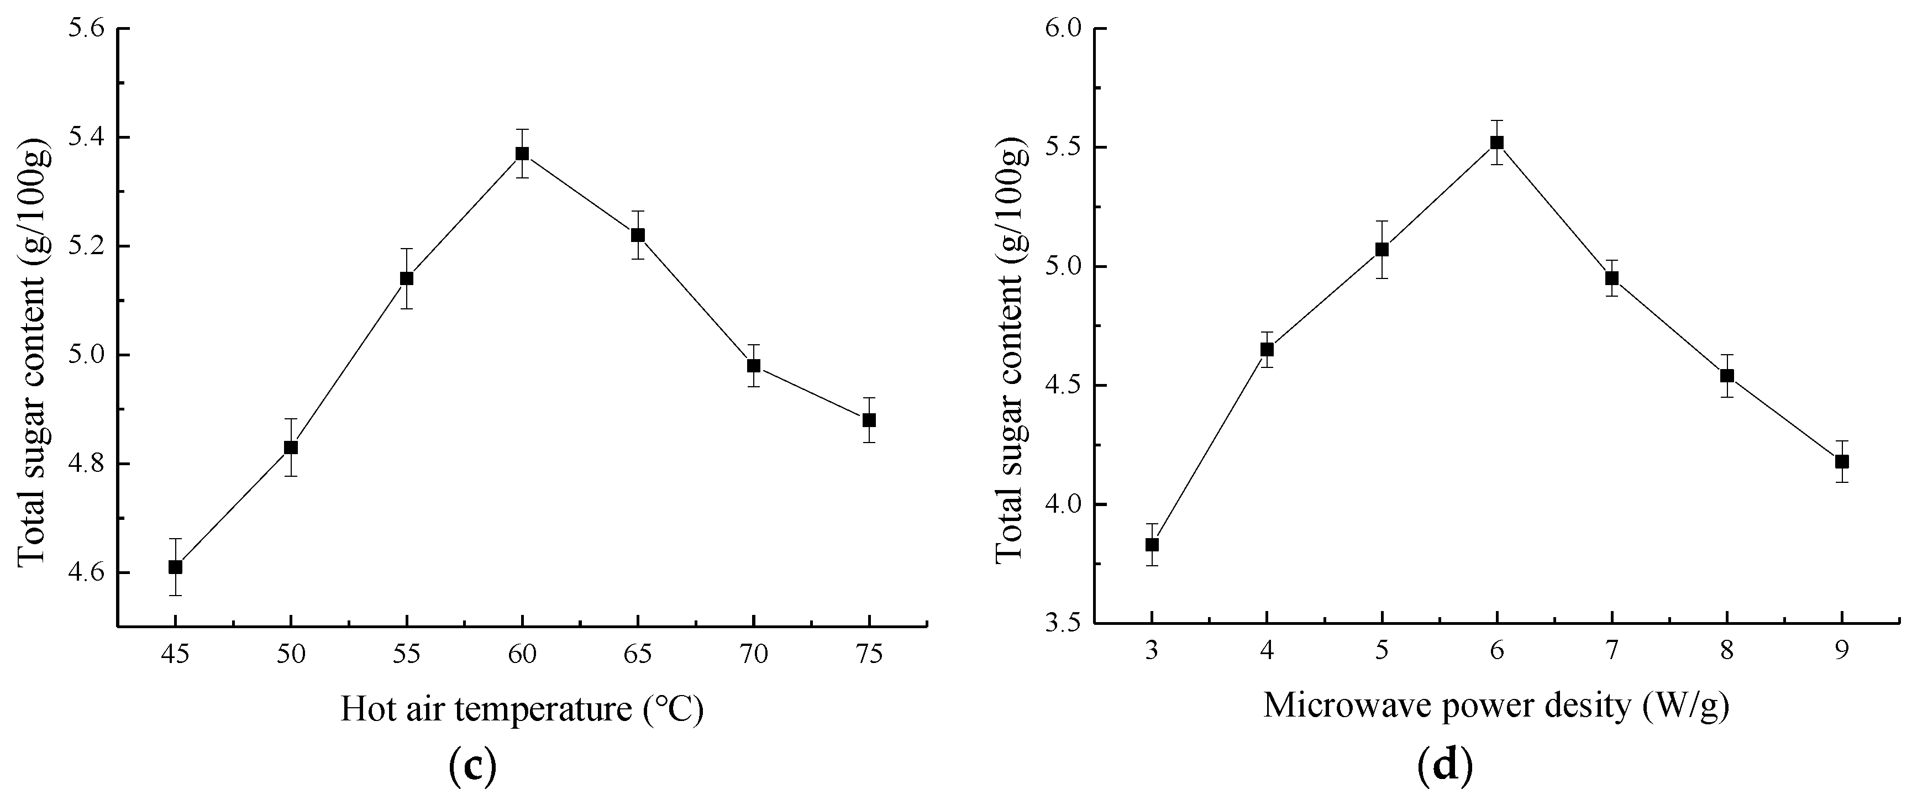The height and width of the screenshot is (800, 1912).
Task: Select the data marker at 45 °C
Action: [x=175, y=567]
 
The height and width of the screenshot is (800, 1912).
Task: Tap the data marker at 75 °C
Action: [x=869, y=420]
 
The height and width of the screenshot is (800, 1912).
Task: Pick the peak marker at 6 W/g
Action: [x=1497, y=143]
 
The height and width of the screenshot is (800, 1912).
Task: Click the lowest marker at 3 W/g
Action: [x=1152, y=545]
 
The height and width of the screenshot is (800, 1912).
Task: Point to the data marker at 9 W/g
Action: [x=1841, y=461]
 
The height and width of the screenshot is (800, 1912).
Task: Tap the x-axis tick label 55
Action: [x=406, y=654]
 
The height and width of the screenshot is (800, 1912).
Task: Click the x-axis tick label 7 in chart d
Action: [x=1611, y=651]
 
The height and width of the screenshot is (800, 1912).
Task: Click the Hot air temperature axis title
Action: [x=522, y=709]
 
